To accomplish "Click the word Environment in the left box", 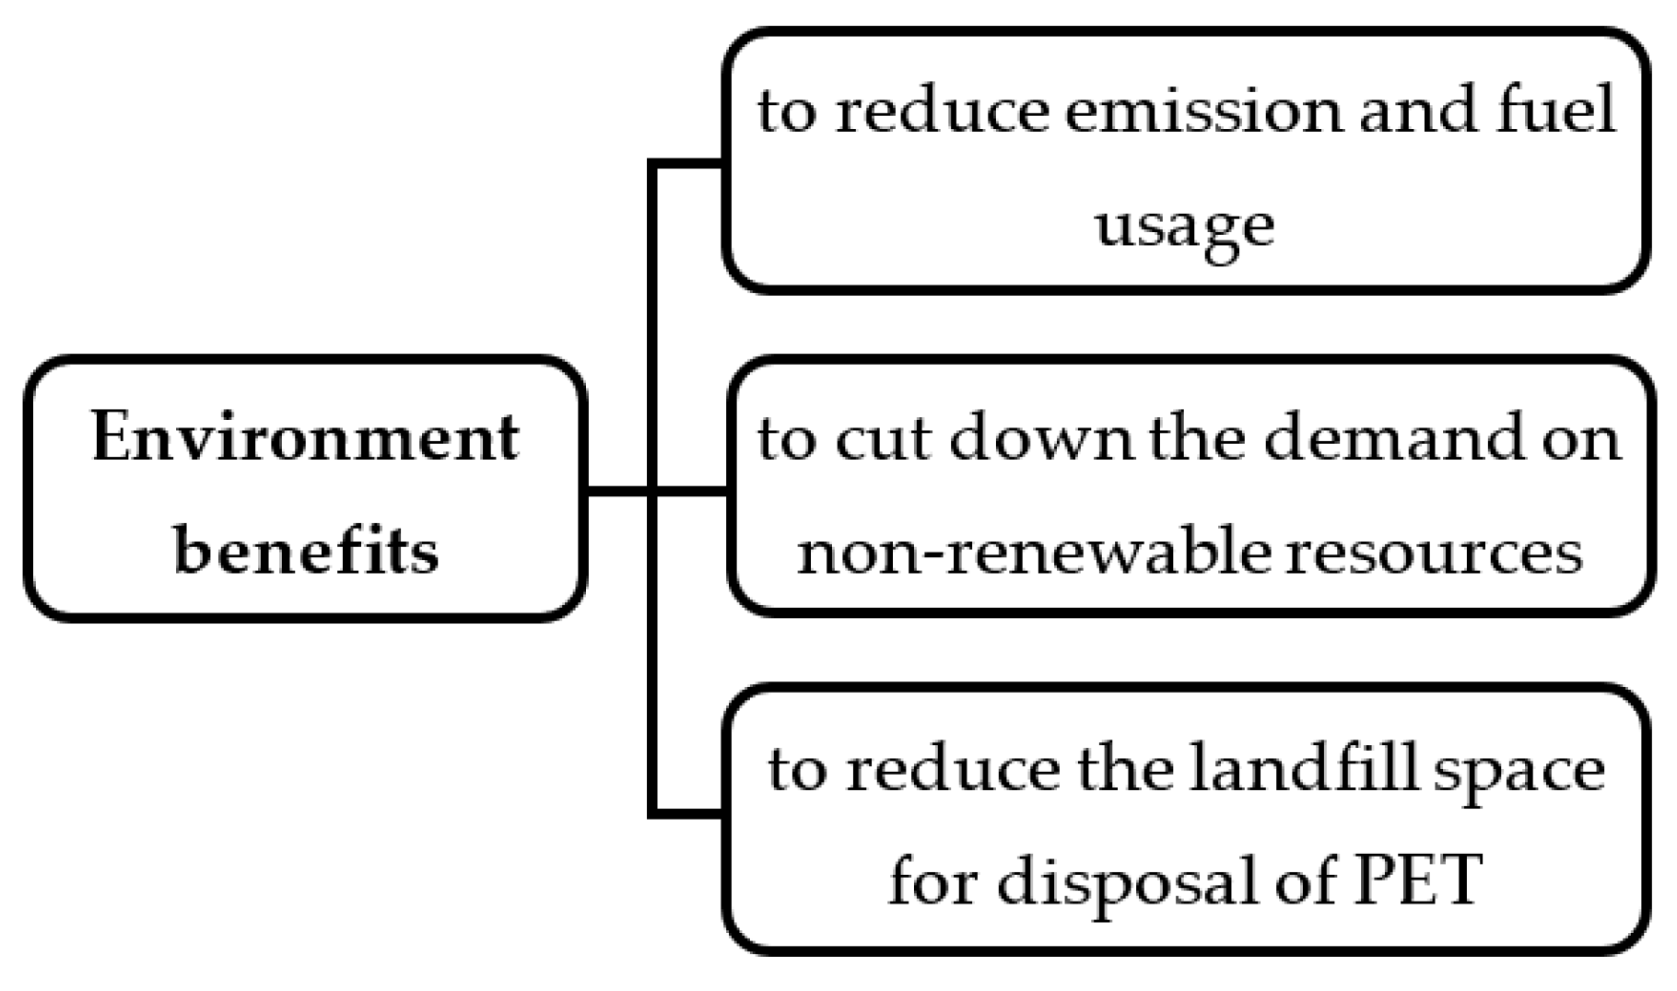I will (305, 438).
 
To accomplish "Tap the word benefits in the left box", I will (306, 552).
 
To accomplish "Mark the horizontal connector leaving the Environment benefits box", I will (617, 491).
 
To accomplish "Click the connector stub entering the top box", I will (687, 164).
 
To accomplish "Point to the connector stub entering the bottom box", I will (687, 813).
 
